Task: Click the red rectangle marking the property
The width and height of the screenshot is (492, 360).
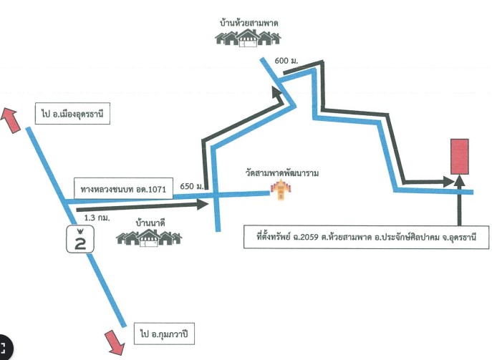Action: coord(460,157)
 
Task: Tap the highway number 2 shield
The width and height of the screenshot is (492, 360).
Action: coord(80,239)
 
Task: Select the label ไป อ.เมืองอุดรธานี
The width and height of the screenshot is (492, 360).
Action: coord(72,114)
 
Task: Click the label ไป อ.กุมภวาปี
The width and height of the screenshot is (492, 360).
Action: coord(164,334)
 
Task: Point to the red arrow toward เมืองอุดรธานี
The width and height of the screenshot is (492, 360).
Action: coord(10,120)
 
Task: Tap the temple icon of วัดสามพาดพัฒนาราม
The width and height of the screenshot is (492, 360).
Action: coord(281,190)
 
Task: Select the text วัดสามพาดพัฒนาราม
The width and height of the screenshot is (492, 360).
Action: coord(282,172)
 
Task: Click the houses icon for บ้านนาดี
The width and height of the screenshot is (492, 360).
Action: coord(149,238)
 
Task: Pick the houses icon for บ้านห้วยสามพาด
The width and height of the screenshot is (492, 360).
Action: coord(248,38)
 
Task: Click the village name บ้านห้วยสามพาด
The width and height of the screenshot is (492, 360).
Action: coord(249,23)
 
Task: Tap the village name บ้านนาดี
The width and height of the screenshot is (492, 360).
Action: coord(150,223)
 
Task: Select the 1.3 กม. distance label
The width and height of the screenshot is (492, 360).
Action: coord(97,218)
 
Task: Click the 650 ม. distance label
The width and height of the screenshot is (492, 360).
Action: coord(192,186)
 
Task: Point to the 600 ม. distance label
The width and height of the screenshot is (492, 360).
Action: coord(286,61)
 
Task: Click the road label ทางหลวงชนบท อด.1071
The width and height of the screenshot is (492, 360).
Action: coord(123,189)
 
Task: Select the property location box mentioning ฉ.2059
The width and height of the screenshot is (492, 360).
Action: coord(366,237)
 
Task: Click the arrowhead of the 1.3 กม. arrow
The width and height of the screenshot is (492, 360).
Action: coord(203,204)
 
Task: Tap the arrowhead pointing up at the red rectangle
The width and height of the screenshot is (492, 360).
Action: coord(460,180)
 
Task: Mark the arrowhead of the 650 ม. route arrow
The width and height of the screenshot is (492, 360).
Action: coord(279,93)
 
